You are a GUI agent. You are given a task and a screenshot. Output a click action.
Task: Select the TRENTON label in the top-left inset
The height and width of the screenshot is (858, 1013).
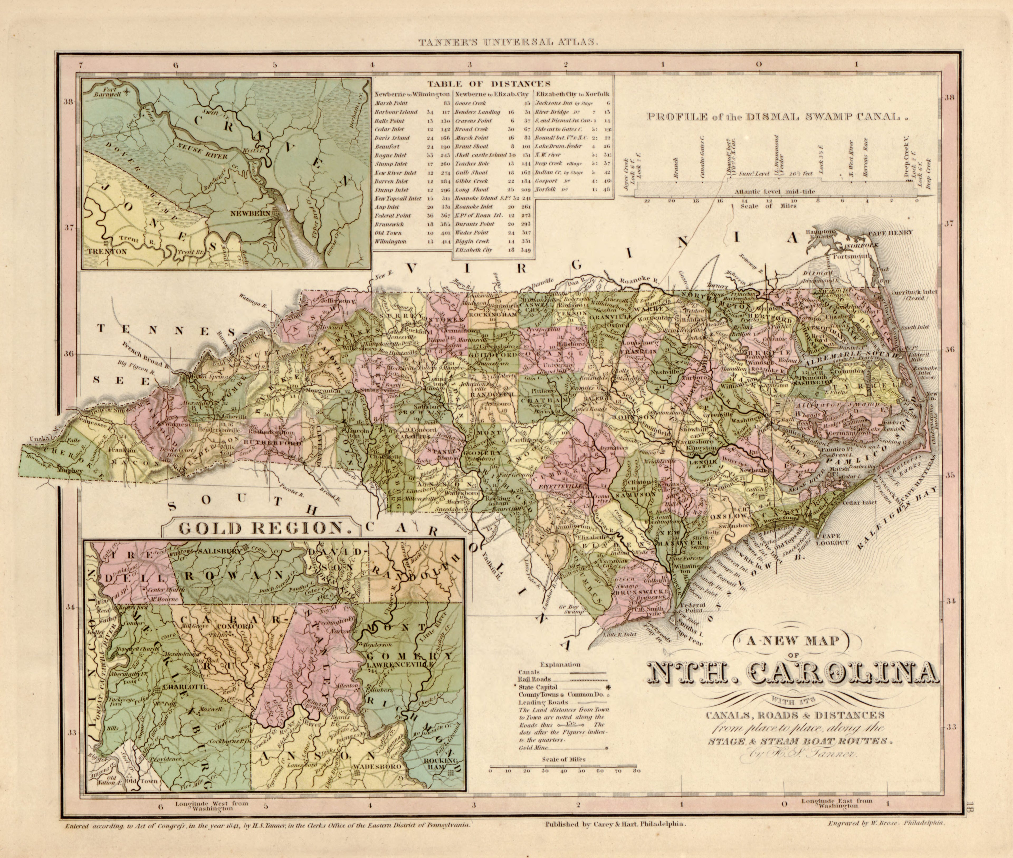(x=107, y=252)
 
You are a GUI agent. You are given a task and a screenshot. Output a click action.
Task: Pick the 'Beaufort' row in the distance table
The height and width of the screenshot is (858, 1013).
(x=387, y=147)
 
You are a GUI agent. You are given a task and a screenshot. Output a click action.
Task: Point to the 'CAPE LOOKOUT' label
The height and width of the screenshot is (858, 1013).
(x=835, y=539)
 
